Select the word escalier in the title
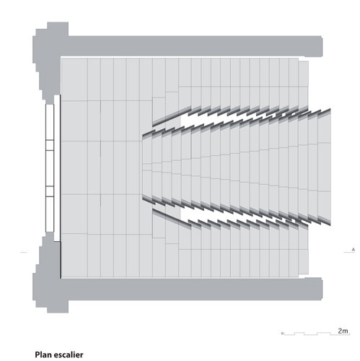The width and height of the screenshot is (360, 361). pyautogui.click(x=69, y=355)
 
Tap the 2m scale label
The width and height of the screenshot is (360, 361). pyautogui.click(x=343, y=331)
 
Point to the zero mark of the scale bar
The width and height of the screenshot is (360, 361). pyautogui.click(x=282, y=334)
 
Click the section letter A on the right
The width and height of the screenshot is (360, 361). pyautogui.click(x=354, y=250)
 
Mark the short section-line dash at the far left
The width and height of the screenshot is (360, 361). pyautogui.click(x=24, y=252)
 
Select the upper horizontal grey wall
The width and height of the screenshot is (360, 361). pyautogui.click(x=195, y=46)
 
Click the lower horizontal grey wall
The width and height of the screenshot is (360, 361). pyautogui.click(x=195, y=289)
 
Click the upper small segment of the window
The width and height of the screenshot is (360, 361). pyautogui.click(x=50, y=145)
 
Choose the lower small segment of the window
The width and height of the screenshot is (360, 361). pyautogui.click(x=50, y=191)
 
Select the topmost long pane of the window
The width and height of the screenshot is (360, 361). pyautogui.click(x=50, y=122)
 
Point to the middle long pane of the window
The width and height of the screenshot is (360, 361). pyautogui.click(x=50, y=168)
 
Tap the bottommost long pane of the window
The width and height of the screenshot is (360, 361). pyautogui.click(x=50, y=214)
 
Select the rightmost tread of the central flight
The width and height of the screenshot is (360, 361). pyautogui.click(x=324, y=167)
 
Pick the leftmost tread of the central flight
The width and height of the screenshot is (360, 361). pyautogui.click(x=147, y=168)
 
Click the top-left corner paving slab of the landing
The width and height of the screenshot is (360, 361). pyautogui.click(x=74, y=79)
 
